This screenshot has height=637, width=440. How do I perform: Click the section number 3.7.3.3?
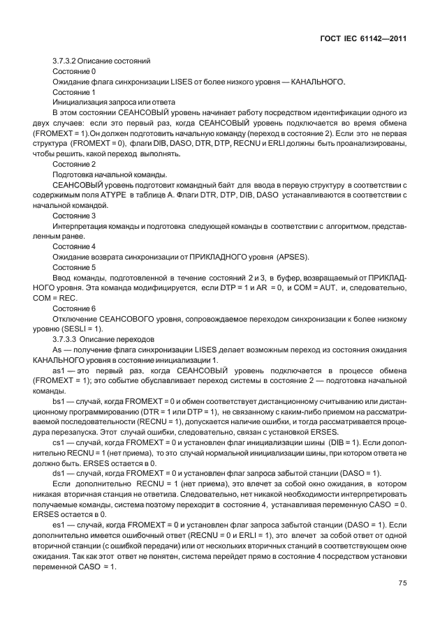click(x=68, y=338)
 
